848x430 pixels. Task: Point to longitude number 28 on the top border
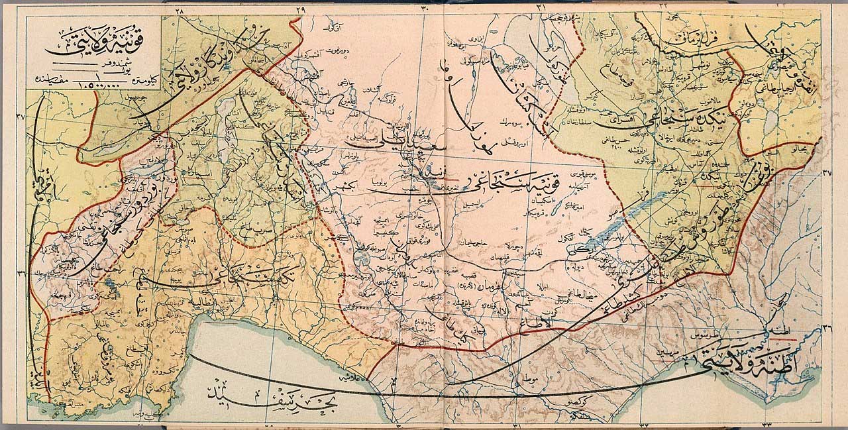(x=179, y=9)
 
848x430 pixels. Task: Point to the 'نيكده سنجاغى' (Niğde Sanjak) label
(x=669, y=119)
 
